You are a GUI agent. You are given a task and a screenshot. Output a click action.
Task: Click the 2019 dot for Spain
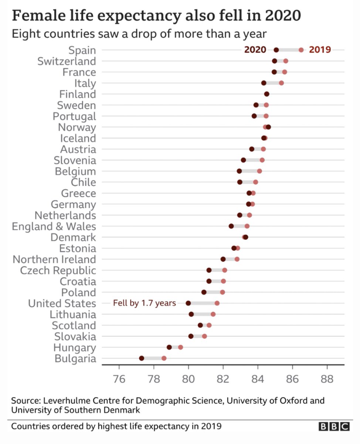301,50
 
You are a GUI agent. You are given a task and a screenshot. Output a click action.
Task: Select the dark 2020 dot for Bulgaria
142,358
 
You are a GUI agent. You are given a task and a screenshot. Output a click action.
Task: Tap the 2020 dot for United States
188,303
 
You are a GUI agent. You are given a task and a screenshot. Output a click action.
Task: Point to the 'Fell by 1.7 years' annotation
144,303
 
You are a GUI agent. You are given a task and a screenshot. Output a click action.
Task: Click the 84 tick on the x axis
258,379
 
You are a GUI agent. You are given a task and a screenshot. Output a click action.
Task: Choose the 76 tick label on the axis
119,379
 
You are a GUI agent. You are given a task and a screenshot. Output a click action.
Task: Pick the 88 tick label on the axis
327,379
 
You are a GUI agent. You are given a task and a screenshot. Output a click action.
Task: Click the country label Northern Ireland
54,259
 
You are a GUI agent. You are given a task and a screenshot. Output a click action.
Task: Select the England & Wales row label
54,226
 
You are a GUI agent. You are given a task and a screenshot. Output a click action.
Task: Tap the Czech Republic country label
58,270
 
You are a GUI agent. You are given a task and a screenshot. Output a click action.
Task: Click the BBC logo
333,427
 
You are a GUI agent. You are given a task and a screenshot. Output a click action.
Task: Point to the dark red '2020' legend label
255,50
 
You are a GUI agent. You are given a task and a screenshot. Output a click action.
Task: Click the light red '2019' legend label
320,50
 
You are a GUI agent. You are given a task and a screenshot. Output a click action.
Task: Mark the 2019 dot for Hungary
180,347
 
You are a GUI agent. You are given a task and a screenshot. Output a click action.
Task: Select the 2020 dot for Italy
264,83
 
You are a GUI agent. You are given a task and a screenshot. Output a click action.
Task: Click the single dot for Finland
266,94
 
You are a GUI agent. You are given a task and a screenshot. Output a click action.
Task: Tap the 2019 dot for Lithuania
213,314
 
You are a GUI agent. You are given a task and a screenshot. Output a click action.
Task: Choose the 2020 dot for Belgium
239,171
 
